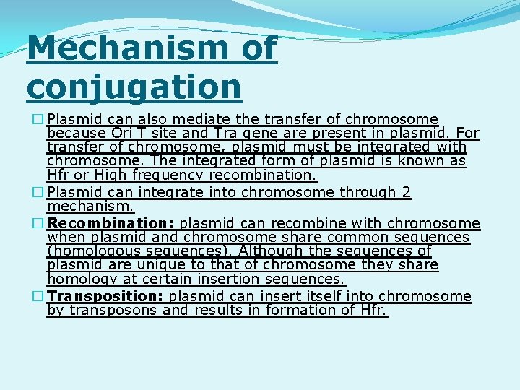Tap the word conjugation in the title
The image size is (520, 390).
pos(134,86)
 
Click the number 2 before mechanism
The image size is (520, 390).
pos(406,192)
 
